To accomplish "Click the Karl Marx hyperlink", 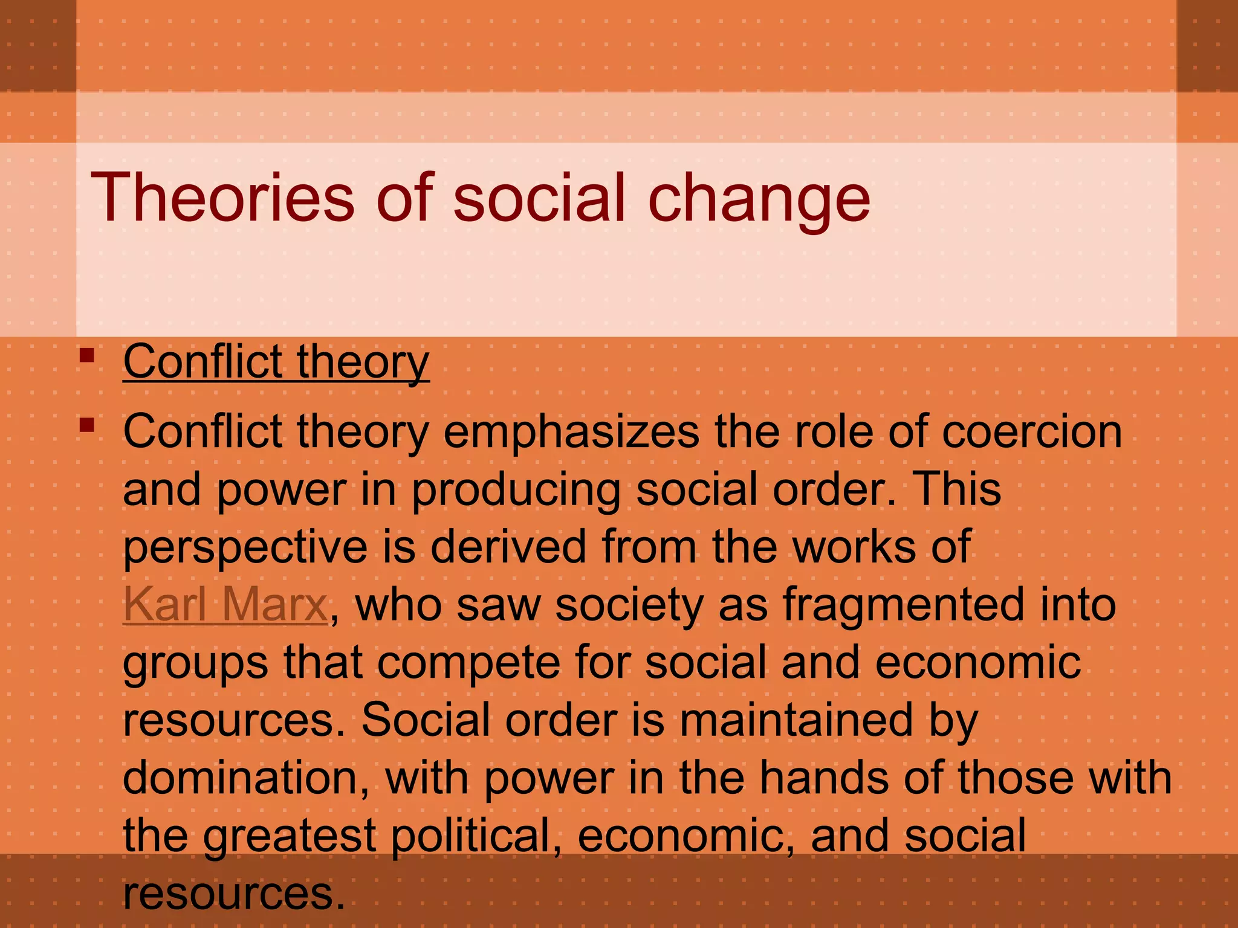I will click(x=225, y=604).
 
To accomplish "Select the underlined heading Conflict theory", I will click(x=276, y=362).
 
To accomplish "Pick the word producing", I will click(x=516, y=489).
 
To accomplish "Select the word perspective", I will click(x=245, y=547).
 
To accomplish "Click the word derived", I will click(x=507, y=546).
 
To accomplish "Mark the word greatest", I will click(x=289, y=836).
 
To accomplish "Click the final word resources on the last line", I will click(x=233, y=894).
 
